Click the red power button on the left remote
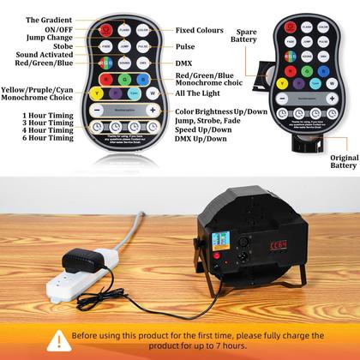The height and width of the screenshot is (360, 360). [106, 29]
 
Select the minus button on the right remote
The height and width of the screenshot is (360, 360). [291, 93]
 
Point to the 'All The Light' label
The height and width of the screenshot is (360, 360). [199, 93]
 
